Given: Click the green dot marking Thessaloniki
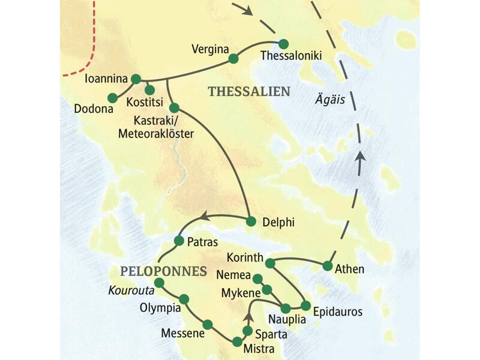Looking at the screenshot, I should (x=284, y=43).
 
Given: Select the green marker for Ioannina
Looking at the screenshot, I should (x=136, y=79).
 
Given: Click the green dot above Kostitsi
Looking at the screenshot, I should (x=150, y=90).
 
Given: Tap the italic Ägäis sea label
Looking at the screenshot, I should (x=330, y=100).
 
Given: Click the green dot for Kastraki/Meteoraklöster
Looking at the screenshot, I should (x=174, y=107).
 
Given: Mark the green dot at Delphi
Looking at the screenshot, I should (x=251, y=221).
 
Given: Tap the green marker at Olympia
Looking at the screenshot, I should (x=184, y=299).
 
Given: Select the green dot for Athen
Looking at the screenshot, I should (x=328, y=265).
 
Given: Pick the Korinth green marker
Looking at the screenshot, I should (x=270, y=262).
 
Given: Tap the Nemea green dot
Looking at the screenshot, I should (x=257, y=278).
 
